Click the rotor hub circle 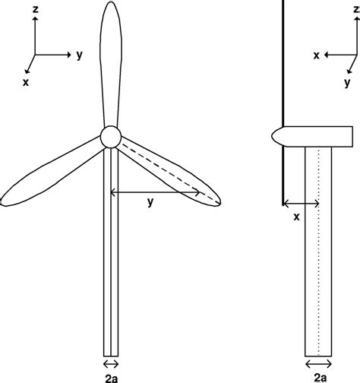[111, 137]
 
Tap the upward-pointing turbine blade [111, 61]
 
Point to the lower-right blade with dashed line [171, 172]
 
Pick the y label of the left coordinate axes [79, 55]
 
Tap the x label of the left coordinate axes [26, 81]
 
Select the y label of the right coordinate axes [347, 81]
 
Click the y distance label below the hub [150, 202]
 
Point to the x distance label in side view [296, 217]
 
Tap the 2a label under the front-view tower [111, 375]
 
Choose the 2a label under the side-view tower [318, 375]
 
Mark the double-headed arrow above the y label [150, 193]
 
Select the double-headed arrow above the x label [301, 204]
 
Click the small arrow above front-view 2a [111, 362]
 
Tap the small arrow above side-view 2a [318, 362]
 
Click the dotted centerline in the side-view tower [318, 251]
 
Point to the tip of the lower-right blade [218, 202]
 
